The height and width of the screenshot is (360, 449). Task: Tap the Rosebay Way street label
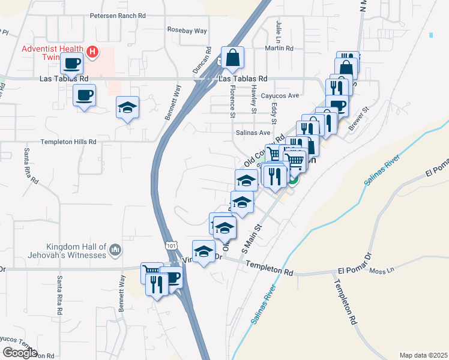coord(187,30)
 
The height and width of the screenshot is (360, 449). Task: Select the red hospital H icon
coord(92,52)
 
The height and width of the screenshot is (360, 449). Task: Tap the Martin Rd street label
coord(281,48)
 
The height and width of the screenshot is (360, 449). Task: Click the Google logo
coord(20,353)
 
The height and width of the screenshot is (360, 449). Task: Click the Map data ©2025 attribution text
coord(424,355)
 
